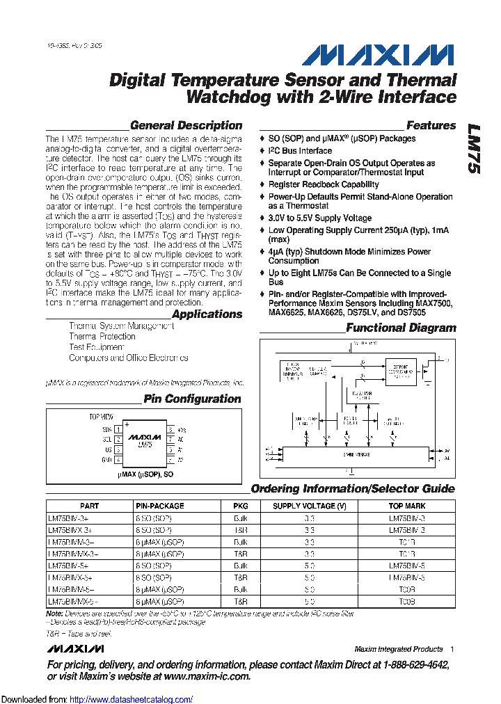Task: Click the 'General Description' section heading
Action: pyautogui.click(x=186, y=126)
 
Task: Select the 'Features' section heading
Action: pyautogui.click(x=431, y=126)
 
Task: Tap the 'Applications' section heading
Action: pyautogui.click(x=207, y=314)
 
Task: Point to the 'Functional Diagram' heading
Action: pyautogui.click(x=401, y=328)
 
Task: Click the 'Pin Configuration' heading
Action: pyautogui.click(x=192, y=399)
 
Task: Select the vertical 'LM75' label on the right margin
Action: pyautogui.click(x=474, y=149)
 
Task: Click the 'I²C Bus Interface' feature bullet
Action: pyautogui.click(x=300, y=151)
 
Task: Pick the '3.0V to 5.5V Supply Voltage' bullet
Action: pyautogui.click(x=320, y=218)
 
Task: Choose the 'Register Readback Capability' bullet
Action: pyautogui.click(x=324, y=185)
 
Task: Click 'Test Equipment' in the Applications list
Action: pyautogui.click(x=97, y=347)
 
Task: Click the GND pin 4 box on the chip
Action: pyautogui.click(x=119, y=460)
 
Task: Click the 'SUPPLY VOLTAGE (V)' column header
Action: pyautogui.click(x=309, y=506)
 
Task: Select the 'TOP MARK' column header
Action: pyautogui.click(x=407, y=506)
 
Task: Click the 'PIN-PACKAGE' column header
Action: pyautogui.click(x=159, y=506)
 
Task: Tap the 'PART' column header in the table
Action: pyautogui.click(x=89, y=506)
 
